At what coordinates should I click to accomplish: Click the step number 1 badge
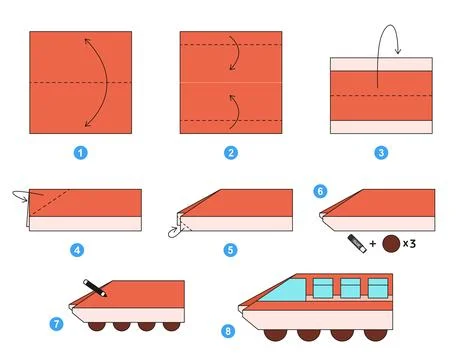coord(81,153)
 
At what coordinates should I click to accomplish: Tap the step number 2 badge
coord(231,153)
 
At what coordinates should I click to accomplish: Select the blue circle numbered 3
coord(381,153)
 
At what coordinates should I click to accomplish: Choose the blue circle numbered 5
coord(231,250)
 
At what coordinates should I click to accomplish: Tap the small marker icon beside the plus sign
coord(356,241)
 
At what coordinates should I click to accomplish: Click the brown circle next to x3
coord(393,241)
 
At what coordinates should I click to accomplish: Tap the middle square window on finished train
coord(350,289)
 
